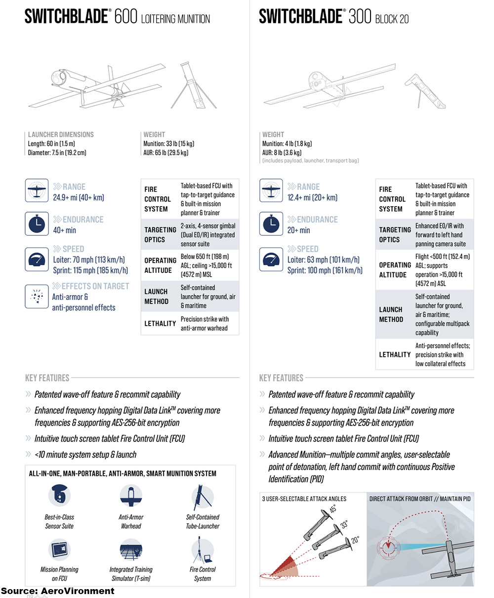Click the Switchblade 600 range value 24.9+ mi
[79, 198]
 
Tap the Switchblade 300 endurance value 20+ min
[298, 230]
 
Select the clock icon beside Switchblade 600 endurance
[37, 224]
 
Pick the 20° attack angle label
[355, 541]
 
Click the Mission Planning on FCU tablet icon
[59, 550]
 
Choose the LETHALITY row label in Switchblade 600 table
[160, 324]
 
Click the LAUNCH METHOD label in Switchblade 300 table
[391, 314]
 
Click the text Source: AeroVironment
[57, 591]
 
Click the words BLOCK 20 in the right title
[392, 19]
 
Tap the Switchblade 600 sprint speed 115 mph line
[90, 270]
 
